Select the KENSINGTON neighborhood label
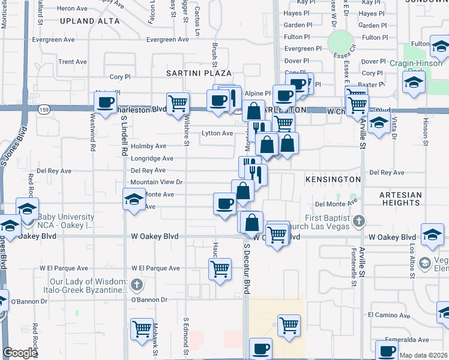pos(333,179)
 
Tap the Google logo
pos(20,353)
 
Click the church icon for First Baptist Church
pos(358,220)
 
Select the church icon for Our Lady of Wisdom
pos(137,284)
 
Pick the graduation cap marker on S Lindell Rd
pos(134,200)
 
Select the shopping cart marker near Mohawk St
pos(142,329)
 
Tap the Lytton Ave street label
pos(217,133)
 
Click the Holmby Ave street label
pos(148,146)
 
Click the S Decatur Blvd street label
pos(246,275)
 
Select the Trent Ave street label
pos(73,62)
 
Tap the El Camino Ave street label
pos(389,314)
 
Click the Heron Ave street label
pos(73,8)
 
